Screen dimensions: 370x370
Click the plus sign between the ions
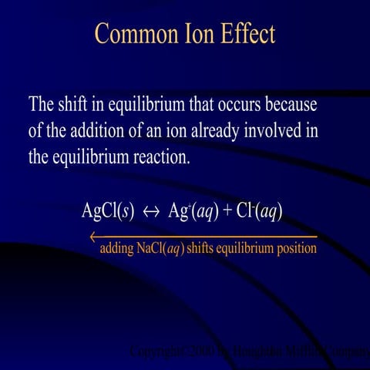point(227,212)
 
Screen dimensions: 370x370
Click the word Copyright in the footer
point(153,353)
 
